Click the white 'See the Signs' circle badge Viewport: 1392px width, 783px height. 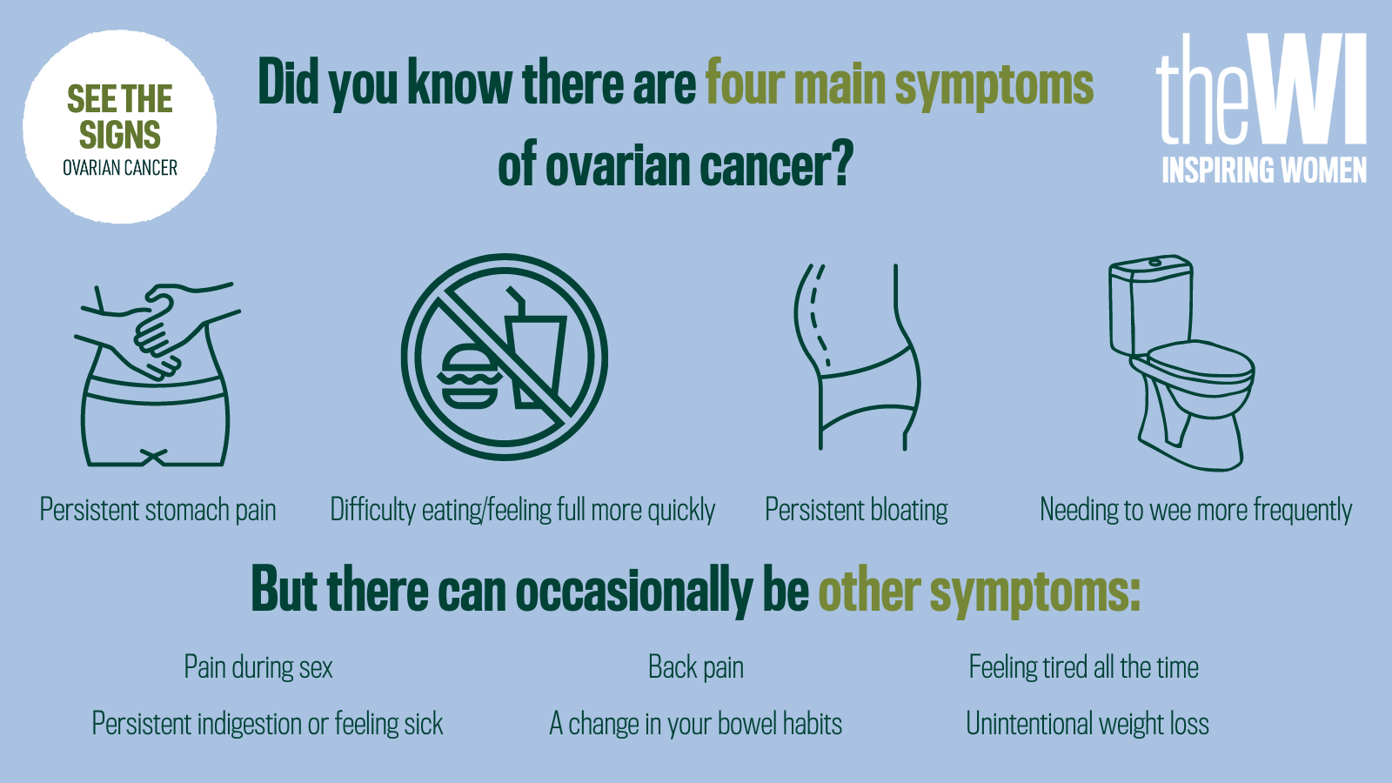click(x=120, y=127)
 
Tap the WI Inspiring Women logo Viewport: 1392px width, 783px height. click(x=1261, y=109)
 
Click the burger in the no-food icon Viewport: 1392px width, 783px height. click(x=469, y=377)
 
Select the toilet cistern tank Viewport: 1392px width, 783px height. click(x=1151, y=304)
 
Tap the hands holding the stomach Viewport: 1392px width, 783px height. click(x=158, y=330)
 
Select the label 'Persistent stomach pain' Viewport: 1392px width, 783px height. click(x=157, y=510)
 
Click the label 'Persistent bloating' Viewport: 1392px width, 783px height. click(x=856, y=510)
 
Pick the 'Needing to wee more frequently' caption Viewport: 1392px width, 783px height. click(x=1196, y=510)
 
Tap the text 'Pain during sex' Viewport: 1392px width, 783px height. click(x=258, y=667)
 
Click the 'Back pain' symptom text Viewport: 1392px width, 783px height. click(x=696, y=667)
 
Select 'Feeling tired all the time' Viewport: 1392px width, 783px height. click(x=1084, y=667)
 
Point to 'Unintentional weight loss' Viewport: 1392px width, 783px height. click(x=1087, y=724)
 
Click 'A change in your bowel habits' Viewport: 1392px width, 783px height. click(x=696, y=724)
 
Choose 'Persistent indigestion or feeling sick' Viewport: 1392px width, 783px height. click(x=268, y=724)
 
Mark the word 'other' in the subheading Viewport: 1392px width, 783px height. click(x=869, y=590)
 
